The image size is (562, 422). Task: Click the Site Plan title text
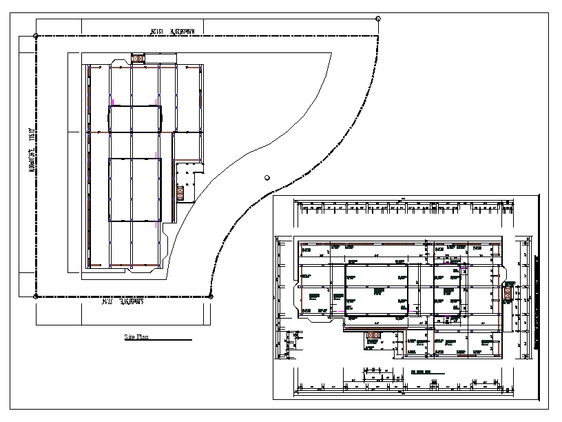coord(136,337)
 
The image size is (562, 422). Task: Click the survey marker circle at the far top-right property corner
coord(378,18)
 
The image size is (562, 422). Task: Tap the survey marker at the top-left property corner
coord(36,34)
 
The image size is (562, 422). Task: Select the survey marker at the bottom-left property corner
coord(36,297)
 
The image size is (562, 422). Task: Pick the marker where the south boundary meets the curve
coord(211,297)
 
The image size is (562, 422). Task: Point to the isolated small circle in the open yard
coord(267,177)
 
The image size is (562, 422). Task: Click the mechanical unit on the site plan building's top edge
coord(138,59)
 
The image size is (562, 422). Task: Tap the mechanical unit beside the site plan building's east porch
coord(180,192)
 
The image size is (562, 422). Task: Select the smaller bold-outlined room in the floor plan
coord(447,292)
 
